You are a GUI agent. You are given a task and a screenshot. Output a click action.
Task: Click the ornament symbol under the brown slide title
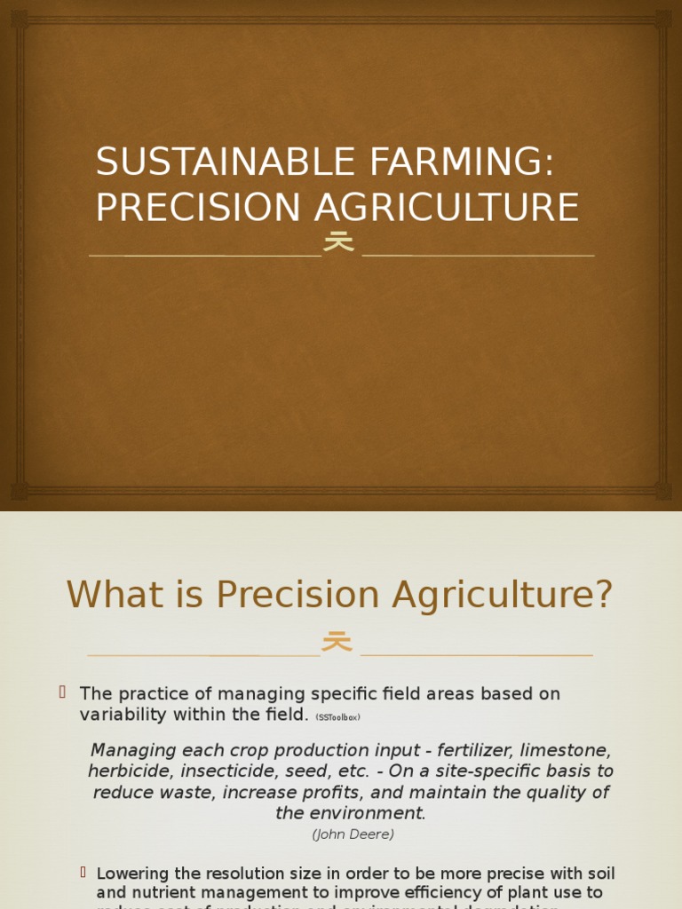click(338, 241)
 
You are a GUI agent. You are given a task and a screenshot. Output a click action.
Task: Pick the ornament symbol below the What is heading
click(337, 641)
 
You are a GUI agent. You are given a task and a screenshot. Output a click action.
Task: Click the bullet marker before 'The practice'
click(63, 692)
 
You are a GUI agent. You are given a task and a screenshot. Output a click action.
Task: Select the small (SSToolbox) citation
click(337, 717)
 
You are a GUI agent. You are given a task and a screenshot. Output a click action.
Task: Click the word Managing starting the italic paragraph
click(134, 750)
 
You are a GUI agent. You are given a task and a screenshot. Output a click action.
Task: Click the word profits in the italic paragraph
click(328, 793)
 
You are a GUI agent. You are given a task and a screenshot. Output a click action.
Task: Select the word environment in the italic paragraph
click(372, 813)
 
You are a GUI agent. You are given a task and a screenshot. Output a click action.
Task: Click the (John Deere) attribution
click(353, 834)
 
